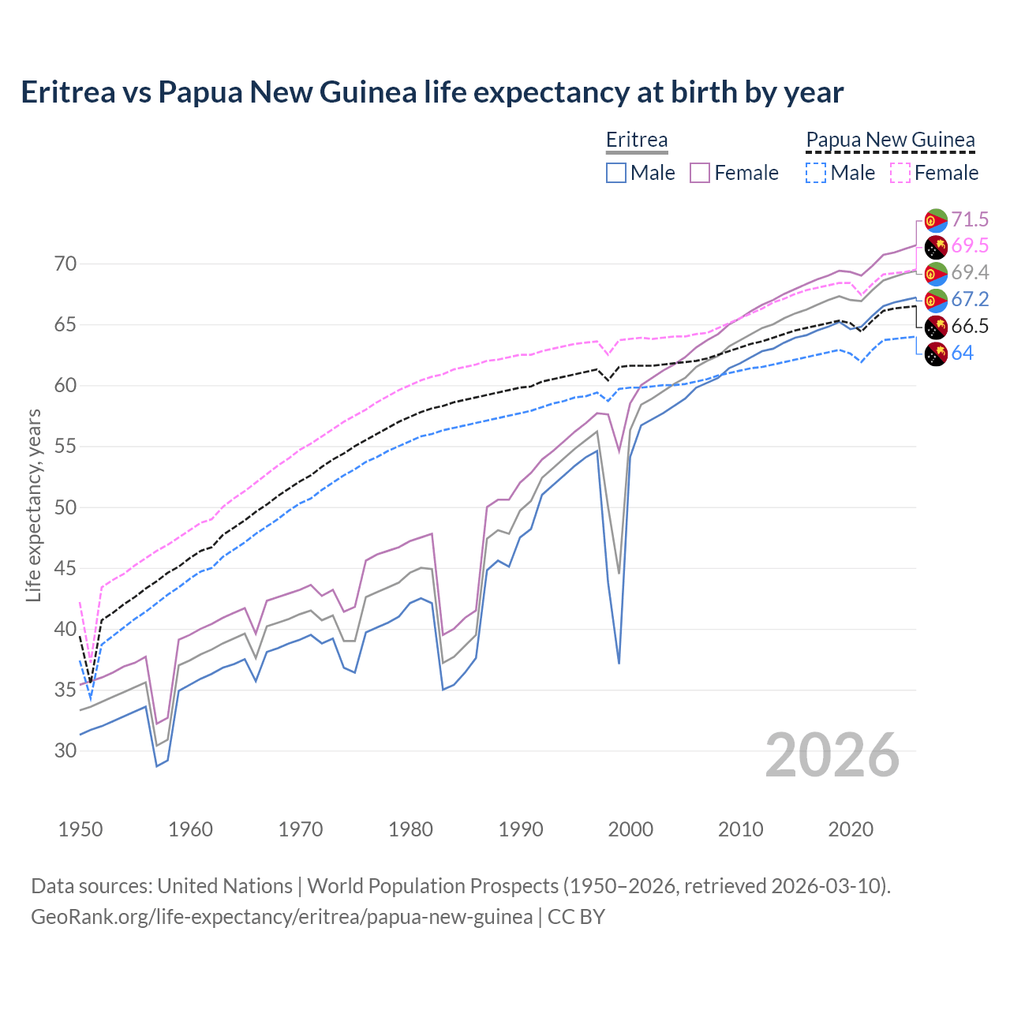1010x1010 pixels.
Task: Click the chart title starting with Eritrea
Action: [432, 92]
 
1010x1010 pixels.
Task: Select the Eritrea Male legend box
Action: [616, 173]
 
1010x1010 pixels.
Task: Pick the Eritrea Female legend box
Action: [701, 173]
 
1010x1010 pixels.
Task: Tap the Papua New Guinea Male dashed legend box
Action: [816, 173]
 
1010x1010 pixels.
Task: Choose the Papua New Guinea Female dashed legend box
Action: [900, 173]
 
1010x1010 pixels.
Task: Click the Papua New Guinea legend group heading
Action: [890, 140]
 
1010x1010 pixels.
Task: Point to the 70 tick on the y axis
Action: [65, 264]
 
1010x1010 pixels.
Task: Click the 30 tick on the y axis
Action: [65, 750]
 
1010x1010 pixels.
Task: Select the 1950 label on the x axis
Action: [80, 829]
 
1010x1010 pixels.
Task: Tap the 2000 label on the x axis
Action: [630, 829]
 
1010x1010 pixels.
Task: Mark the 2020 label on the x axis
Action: [851, 829]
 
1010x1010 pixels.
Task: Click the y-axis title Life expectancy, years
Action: [33, 505]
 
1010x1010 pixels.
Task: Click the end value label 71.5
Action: [970, 219]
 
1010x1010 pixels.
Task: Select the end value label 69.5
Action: [970, 246]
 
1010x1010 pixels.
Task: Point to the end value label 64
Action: [963, 353]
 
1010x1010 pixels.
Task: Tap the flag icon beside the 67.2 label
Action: [935, 300]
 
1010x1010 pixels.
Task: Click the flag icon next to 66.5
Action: [935, 327]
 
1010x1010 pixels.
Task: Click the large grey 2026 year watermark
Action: [832, 755]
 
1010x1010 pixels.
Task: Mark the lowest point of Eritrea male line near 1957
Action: [156, 766]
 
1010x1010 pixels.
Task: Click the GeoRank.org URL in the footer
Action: [282, 917]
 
